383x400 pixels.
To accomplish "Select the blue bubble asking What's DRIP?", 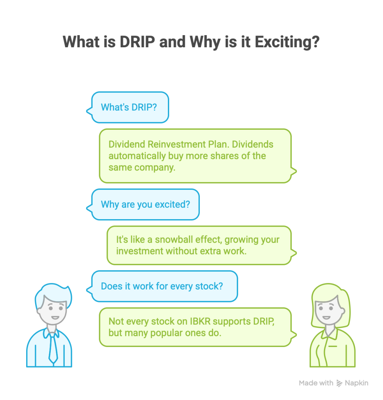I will (x=129, y=107).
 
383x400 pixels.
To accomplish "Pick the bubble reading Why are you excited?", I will (x=145, y=204).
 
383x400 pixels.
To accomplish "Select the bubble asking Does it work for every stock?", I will (x=162, y=286).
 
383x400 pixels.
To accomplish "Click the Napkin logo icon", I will (x=339, y=383).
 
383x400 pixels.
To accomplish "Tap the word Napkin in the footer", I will (x=356, y=383).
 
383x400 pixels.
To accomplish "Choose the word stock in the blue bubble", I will (x=211, y=286).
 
